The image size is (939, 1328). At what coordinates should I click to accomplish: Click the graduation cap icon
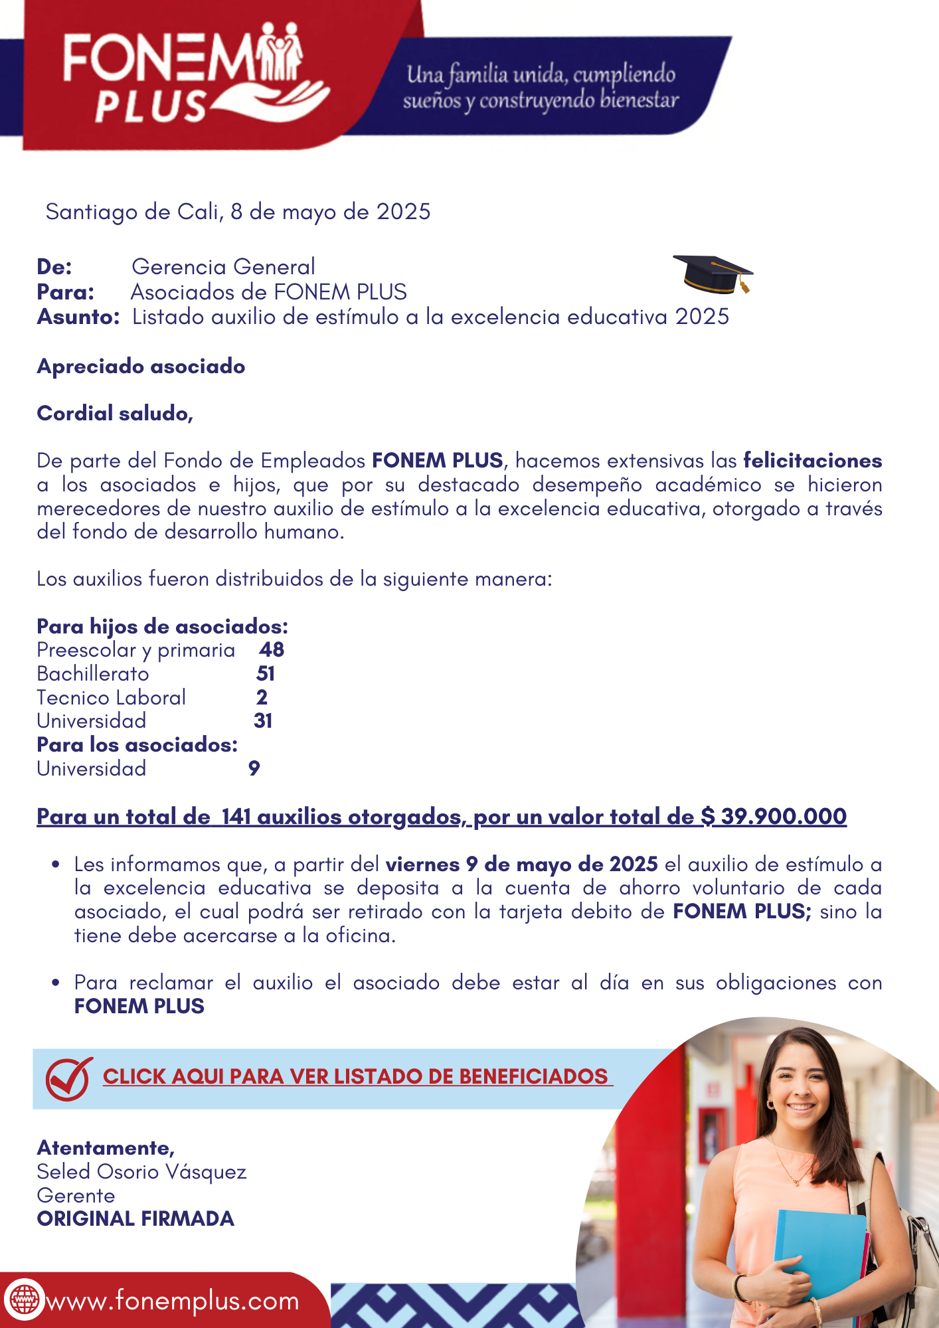[x=713, y=274]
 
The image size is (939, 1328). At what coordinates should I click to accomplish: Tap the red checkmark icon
[x=68, y=1078]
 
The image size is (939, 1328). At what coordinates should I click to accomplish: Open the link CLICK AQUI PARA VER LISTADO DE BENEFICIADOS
[x=356, y=1076]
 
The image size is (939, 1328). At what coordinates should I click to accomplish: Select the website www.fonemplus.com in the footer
[x=173, y=1301]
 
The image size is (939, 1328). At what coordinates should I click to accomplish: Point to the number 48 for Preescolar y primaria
[x=272, y=649]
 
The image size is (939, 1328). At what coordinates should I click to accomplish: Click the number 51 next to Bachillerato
[x=266, y=673]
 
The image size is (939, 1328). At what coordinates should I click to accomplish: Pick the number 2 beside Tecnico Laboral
[x=262, y=697]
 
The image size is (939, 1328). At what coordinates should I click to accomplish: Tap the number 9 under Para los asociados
[x=254, y=768]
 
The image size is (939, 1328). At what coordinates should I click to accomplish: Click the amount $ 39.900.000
[x=774, y=816]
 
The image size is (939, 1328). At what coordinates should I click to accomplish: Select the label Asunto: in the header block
[x=78, y=317]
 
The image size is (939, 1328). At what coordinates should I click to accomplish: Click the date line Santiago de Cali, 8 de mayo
[x=238, y=212]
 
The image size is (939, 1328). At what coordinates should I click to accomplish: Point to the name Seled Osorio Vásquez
[x=141, y=1172]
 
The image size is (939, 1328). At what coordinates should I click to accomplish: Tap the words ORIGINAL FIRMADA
[x=135, y=1219]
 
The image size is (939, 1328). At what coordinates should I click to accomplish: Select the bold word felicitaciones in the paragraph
[x=812, y=460]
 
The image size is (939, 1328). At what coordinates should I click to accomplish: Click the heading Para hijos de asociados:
[x=162, y=626]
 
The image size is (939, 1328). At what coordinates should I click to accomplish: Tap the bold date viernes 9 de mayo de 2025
[x=521, y=864]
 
